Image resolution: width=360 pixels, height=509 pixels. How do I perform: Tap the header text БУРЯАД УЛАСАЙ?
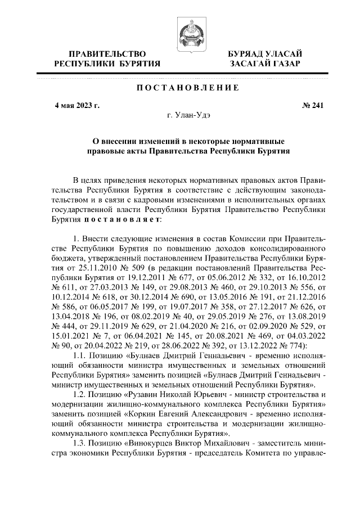(264, 53)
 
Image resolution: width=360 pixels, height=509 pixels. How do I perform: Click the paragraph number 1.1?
(82, 356)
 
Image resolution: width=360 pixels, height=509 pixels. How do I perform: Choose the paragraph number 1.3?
(82, 444)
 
